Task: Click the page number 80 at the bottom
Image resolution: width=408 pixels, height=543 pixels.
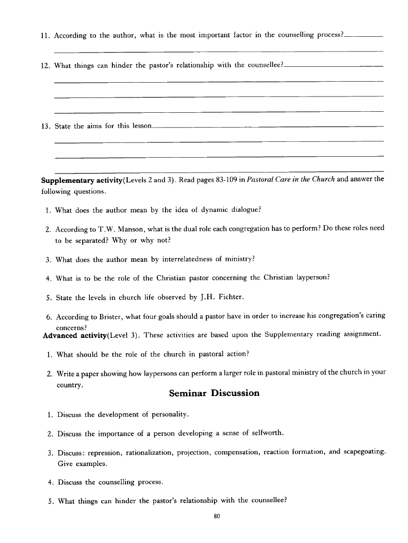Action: click(217, 516)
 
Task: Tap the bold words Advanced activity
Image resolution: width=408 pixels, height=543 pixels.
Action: click(75, 335)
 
